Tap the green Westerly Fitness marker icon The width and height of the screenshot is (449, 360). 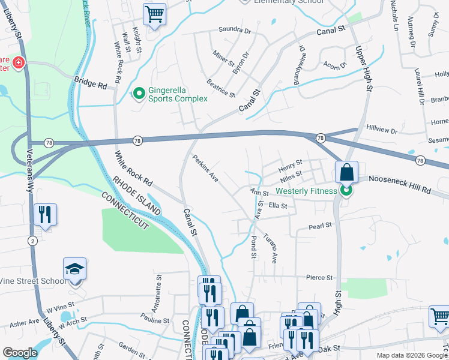346,192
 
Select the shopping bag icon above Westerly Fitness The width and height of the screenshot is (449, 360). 347,172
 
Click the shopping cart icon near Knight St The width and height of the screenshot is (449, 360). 154,14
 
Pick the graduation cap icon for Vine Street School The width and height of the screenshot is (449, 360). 75,269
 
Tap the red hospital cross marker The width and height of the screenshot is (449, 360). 19,62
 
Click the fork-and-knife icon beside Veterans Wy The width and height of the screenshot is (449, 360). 45,214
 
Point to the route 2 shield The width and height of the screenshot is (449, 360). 31,241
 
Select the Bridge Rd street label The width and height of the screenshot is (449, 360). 90,83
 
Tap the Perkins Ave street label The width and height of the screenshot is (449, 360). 205,169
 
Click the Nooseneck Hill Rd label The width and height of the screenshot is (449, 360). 400,184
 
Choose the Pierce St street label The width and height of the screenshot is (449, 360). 319,278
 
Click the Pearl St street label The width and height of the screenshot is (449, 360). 320,226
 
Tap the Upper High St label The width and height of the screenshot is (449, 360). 364,69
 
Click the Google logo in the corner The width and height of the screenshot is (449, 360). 20,353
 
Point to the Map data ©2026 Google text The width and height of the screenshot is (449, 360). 411,355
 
